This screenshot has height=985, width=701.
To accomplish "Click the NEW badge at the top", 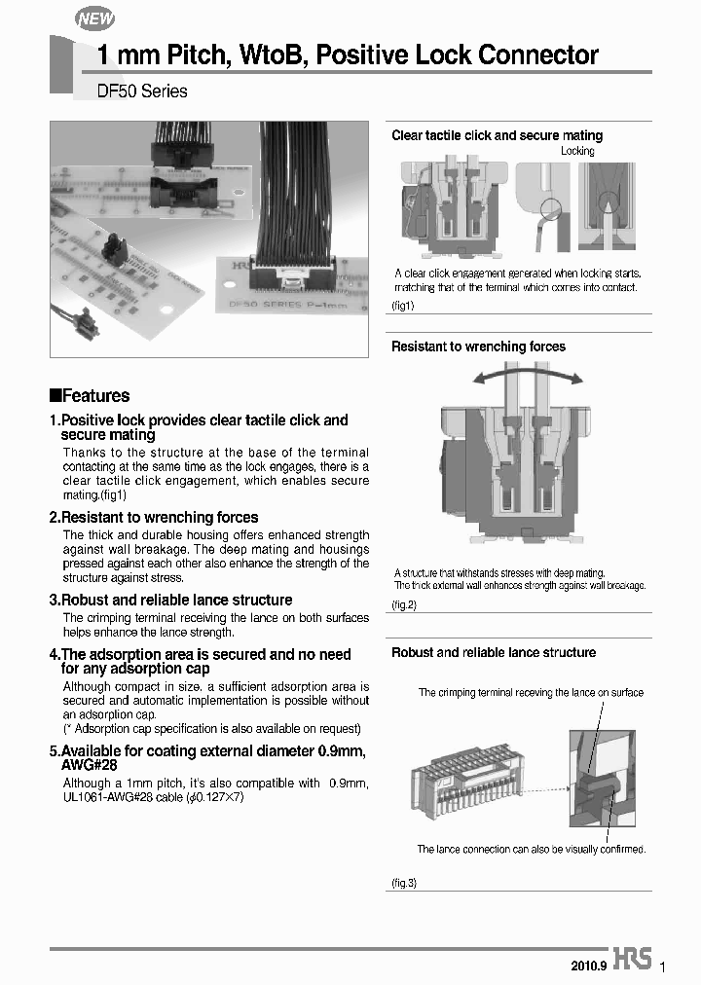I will click(94, 18).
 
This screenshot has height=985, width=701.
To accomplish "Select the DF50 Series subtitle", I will click(142, 91).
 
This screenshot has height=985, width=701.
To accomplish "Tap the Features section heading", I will click(90, 396).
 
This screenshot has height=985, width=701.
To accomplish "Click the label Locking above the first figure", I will click(577, 152).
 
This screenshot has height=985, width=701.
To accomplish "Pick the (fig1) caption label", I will click(403, 306).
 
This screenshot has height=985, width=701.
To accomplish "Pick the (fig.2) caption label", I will click(404, 605).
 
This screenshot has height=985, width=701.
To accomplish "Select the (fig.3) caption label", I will click(404, 883).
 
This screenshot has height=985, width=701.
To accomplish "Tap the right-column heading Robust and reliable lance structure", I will click(494, 653).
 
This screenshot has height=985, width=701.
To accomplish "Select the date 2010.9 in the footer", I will click(589, 965).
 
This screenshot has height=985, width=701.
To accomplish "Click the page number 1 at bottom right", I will click(663, 967).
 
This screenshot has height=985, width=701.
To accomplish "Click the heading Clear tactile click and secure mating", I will click(497, 136).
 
